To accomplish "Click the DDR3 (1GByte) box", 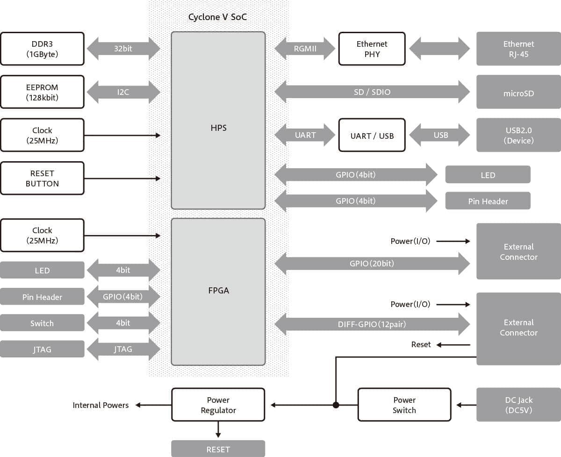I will [x=42, y=49].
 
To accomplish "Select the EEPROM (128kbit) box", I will [x=42, y=92].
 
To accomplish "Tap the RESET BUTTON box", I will [x=42, y=178].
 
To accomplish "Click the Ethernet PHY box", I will [x=372, y=49].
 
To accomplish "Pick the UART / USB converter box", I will [x=372, y=136].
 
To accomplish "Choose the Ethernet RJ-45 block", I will [x=518, y=49].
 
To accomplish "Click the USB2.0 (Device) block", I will [x=518, y=135].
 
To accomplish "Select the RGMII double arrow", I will [x=305, y=48].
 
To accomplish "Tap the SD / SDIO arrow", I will [x=372, y=92].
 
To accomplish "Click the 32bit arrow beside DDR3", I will [x=123, y=48].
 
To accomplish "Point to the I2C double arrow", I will [x=123, y=92].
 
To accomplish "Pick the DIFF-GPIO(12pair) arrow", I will [x=372, y=324].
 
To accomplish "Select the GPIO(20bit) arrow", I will [x=372, y=264].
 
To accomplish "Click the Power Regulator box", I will [x=218, y=405].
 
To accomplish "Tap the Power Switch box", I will [x=404, y=405].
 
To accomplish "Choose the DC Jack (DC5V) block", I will [x=518, y=405].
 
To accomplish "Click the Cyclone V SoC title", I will [x=217, y=17].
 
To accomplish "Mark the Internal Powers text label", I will [x=101, y=405].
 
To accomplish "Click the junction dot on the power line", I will [x=336, y=405].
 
